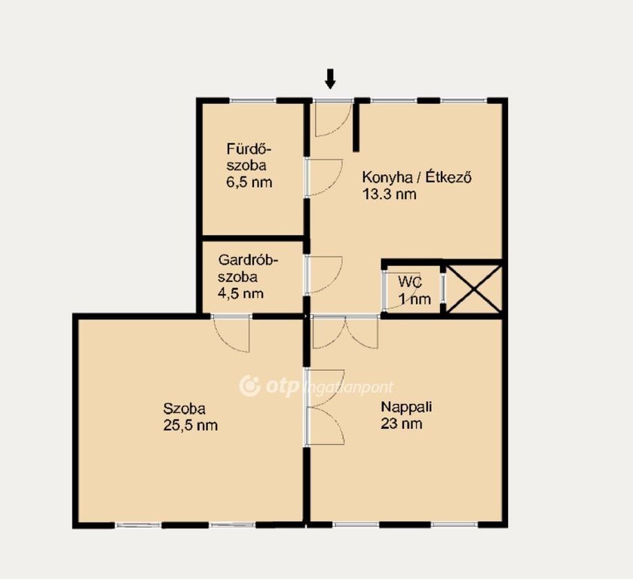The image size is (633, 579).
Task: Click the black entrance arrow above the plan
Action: [x=330, y=78]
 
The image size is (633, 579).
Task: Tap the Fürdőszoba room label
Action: [x=249, y=158]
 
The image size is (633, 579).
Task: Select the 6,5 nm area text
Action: [x=249, y=182]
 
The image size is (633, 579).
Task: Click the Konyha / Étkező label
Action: [x=417, y=177]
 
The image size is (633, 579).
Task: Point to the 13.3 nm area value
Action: [x=389, y=195]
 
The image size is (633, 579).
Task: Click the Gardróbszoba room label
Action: [x=248, y=268]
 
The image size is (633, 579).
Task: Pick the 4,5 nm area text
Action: [x=240, y=293]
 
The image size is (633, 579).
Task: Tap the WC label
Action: [x=410, y=282]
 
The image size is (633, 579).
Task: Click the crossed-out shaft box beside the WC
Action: [x=474, y=289]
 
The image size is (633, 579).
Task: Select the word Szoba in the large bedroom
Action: [x=184, y=409]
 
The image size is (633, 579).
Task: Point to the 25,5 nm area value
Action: [x=191, y=425]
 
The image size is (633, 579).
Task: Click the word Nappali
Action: [x=406, y=406]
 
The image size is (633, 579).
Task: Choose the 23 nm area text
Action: [x=401, y=424]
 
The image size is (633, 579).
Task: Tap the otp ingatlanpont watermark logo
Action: [x=316, y=387]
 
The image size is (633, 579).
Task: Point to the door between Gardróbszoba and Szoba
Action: [x=231, y=333]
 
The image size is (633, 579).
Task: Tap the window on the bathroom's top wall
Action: [x=252, y=100]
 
